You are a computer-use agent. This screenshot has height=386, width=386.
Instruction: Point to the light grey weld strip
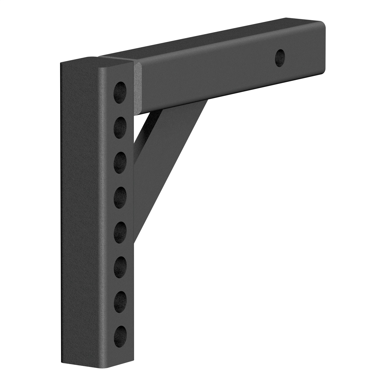pos(138,87)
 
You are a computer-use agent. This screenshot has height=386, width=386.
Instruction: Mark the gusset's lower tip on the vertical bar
pos(136,238)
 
